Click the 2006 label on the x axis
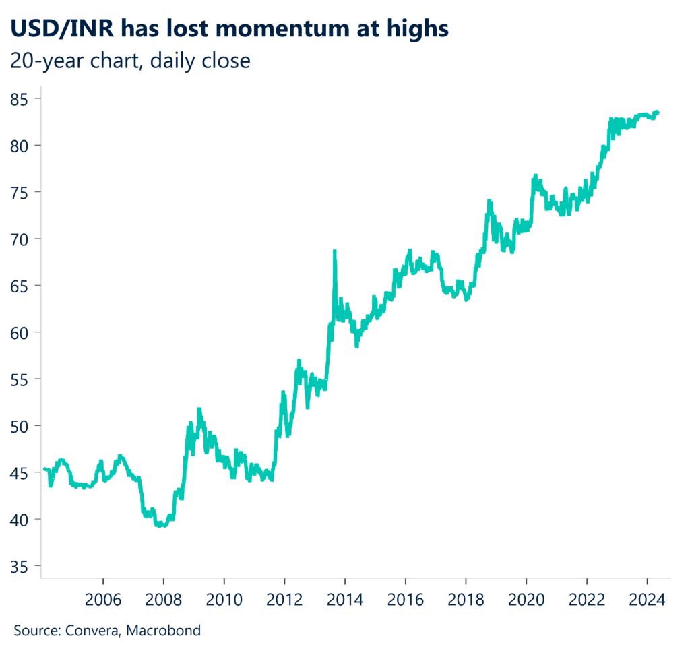click(103, 599)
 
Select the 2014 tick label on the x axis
click(345, 599)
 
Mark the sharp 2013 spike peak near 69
click(334, 251)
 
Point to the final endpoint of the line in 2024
click(658, 113)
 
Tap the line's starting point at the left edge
click(44, 468)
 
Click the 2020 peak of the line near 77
click(536, 175)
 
